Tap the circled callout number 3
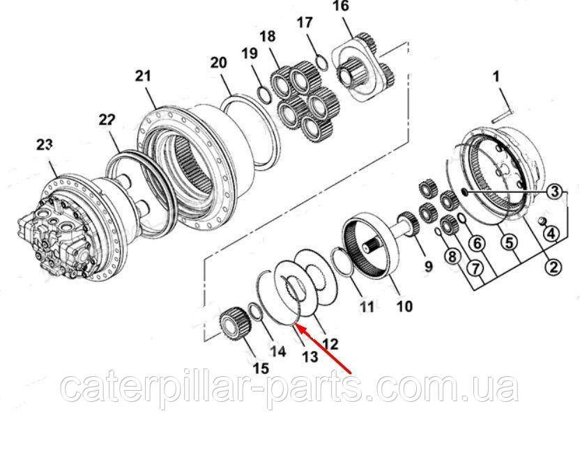tap(554, 192)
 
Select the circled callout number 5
tap(510, 243)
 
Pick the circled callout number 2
tap(553, 267)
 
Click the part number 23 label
tap(45, 145)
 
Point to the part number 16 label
tap(340, 6)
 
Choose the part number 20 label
tap(218, 63)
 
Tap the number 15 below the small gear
tap(261, 368)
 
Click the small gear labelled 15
tap(236, 323)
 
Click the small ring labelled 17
tap(321, 62)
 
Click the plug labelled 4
tap(542, 220)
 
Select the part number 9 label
tap(428, 266)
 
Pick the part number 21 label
tap(143, 76)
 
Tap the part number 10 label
tap(404, 306)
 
